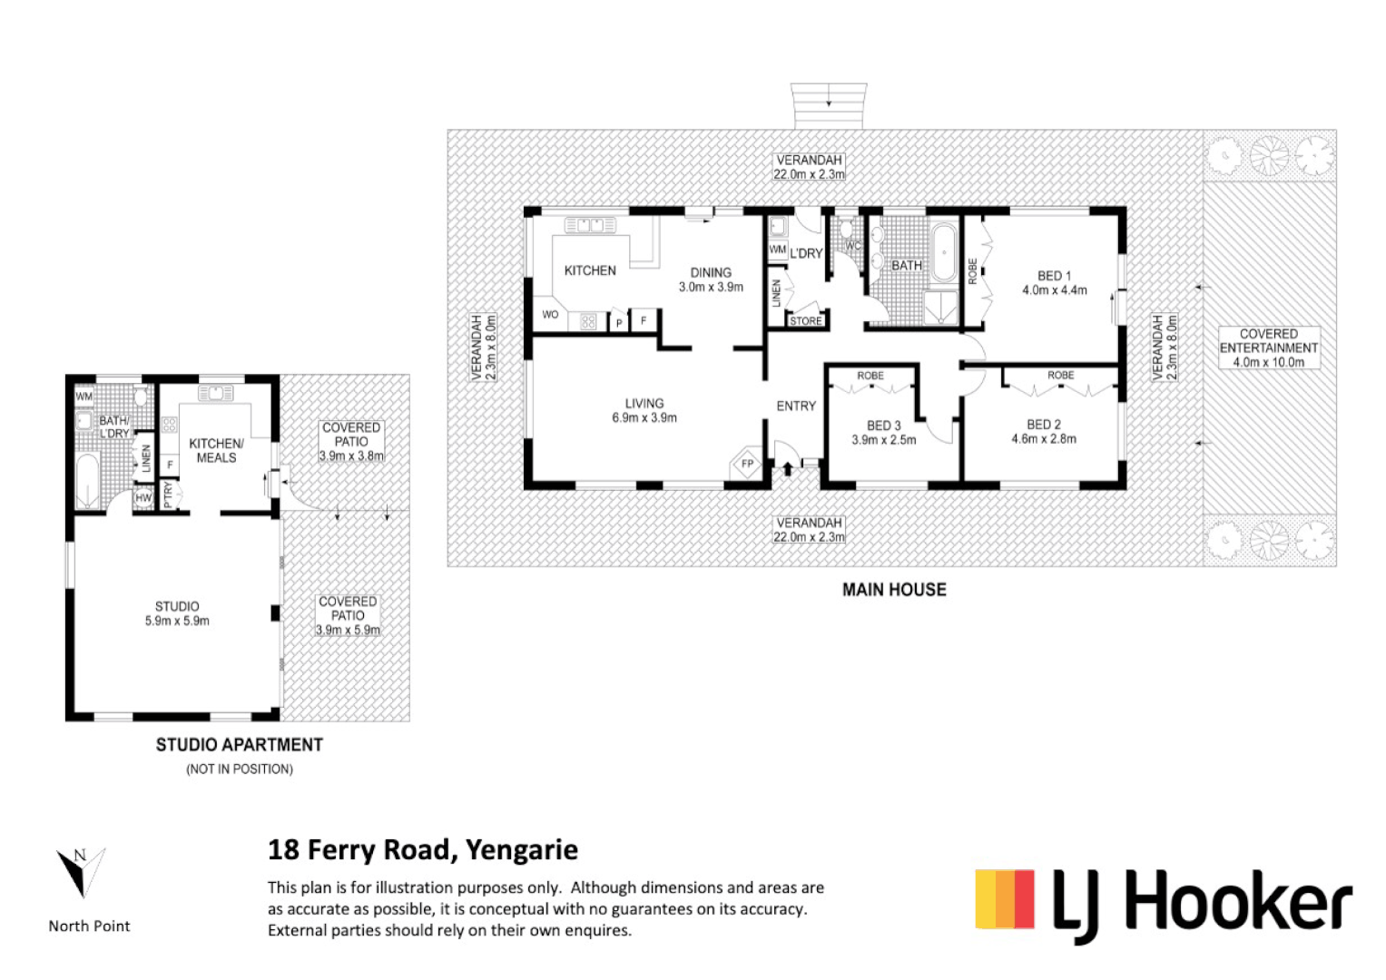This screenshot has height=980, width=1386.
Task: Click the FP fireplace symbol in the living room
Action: (747, 463)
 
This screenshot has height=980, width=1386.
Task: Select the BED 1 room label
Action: (1055, 283)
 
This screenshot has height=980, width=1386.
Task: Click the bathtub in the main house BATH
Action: (945, 253)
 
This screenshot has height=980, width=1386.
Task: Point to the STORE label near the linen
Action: (806, 320)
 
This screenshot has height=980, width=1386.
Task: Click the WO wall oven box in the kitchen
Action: (550, 314)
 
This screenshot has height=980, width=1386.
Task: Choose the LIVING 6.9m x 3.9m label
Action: (644, 410)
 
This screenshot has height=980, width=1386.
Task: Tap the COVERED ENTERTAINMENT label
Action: (1269, 348)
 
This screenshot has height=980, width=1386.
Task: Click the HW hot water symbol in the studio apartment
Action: (143, 498)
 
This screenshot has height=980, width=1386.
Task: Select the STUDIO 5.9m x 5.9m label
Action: (177, 613)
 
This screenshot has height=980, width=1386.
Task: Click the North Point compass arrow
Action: (81, 872)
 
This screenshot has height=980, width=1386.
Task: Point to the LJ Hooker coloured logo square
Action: (1005, 899)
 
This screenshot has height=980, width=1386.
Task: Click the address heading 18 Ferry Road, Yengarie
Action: (423, 850)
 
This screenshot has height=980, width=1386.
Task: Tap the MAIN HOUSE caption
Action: (894, 590)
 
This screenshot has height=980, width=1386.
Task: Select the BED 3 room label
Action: (883, 433)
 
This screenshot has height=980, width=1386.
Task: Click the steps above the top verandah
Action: (829, 106)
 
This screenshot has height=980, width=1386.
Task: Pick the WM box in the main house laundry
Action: (777, 250)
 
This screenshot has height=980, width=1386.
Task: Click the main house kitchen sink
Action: (590, 225)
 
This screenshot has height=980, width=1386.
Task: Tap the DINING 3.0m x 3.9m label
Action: (711, 279)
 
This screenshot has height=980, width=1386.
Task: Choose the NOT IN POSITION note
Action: (240, 769)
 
